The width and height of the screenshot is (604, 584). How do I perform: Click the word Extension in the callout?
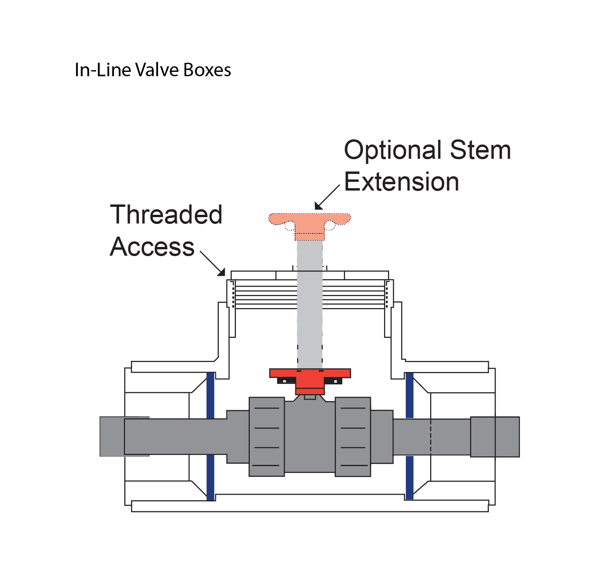(401, 182)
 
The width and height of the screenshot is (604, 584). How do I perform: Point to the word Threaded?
(166, 215)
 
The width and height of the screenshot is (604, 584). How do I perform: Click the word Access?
(152, 247)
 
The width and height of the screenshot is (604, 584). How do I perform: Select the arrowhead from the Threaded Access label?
(221, 272)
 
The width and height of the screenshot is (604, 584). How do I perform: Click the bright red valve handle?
(310, 375)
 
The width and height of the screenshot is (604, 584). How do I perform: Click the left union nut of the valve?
(266, 437)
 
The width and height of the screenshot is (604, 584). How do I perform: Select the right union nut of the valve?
(353, 437)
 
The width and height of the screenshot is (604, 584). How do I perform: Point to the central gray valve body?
(310, 437)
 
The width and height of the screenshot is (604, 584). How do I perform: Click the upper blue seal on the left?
(210, 395)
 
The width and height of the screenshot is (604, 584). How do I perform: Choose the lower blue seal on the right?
(409, 477)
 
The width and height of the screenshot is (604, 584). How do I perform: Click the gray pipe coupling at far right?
(495, 437)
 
